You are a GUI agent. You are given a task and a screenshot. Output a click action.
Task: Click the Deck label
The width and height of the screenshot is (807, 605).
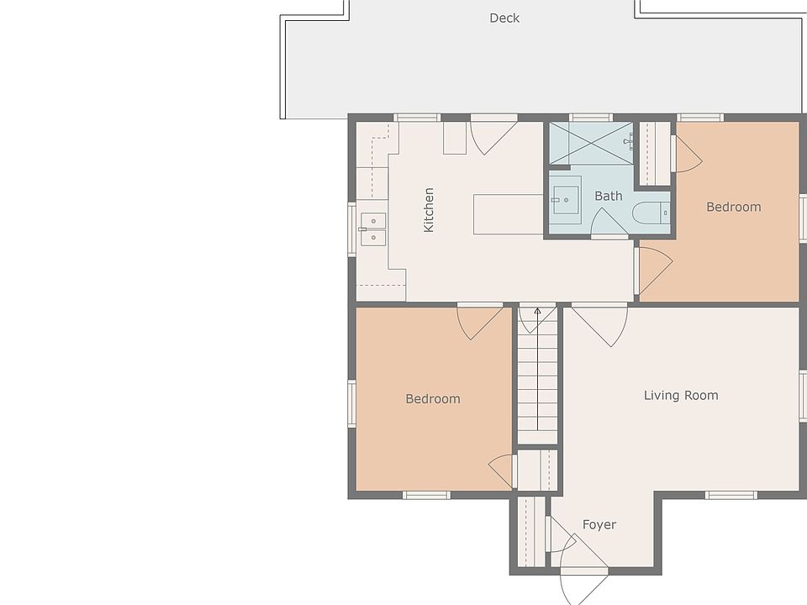[x=504, y=18]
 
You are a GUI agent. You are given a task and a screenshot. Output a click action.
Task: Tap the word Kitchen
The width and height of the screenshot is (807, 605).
[x=429, y=210]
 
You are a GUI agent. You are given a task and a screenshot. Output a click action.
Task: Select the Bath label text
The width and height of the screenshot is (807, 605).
[x=609, y=196]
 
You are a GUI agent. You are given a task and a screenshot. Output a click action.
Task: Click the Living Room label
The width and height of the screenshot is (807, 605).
[x=681, y=395]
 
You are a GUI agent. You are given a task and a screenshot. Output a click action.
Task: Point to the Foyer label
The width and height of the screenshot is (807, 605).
[x=599, y=524]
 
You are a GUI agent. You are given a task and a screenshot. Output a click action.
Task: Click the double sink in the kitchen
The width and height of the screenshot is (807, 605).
[x=372, y=229]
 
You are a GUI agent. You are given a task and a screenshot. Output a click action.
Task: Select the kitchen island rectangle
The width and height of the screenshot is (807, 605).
[x=508, y=214]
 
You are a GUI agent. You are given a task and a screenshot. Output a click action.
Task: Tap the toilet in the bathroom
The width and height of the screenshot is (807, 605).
[x=651, y=213]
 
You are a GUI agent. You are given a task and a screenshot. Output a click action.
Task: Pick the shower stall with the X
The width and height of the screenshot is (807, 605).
[x=591, y=143]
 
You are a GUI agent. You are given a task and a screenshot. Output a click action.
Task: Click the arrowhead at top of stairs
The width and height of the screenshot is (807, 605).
[x=537, y=311]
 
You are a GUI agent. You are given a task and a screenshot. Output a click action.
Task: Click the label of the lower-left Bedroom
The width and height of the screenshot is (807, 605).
[x=433, y=398]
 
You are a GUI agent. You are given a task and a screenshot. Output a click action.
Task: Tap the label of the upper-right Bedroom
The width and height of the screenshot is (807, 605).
[x=733, y=207]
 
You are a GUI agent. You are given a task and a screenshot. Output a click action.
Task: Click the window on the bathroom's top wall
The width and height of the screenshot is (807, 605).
[x=591, y=118]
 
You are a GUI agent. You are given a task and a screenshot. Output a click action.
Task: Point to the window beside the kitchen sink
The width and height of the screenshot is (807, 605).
[x=352, y=229]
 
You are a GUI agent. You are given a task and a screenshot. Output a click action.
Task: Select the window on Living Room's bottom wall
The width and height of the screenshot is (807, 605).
[x=731, y=495]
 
